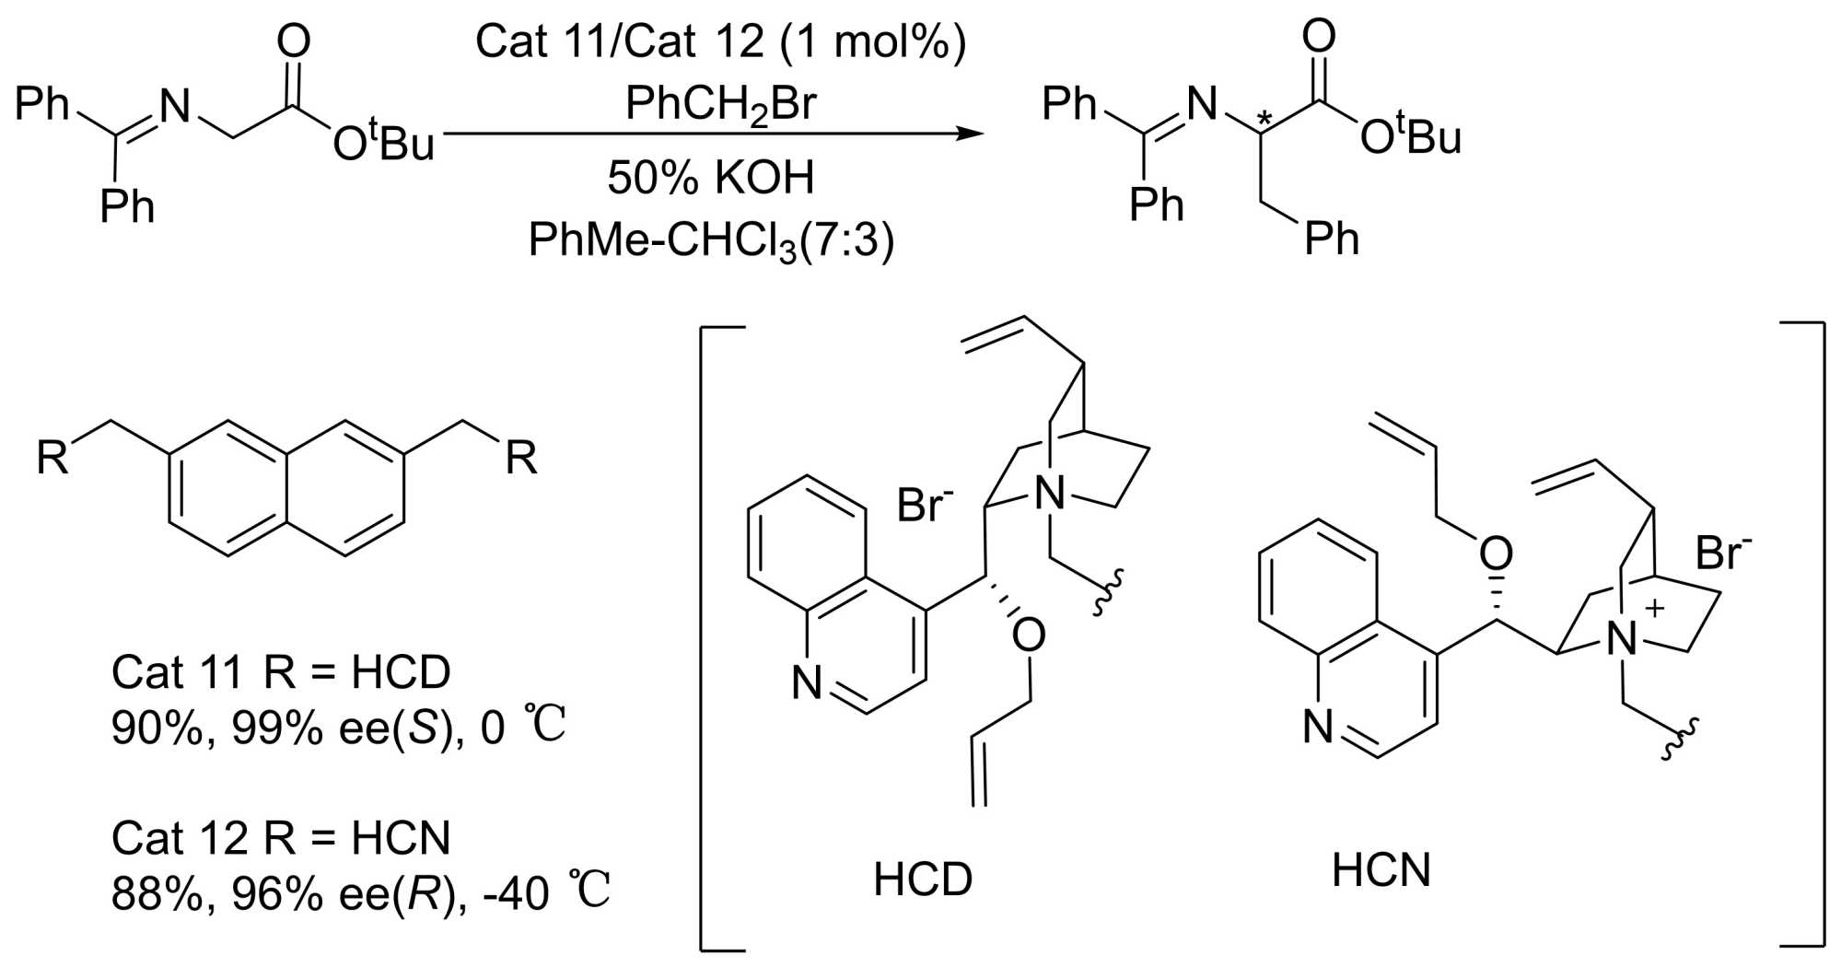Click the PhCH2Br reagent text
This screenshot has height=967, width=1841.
pos(720,104)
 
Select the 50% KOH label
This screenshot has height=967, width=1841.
pos(710,177)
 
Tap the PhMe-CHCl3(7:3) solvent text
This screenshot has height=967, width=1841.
pos(711,241)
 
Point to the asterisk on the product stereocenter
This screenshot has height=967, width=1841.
pos(1265,120)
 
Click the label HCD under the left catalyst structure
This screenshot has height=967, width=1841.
pos(922,880)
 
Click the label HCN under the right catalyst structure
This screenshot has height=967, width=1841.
pos(1381,870)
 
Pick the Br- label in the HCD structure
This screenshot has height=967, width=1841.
pos(925,505)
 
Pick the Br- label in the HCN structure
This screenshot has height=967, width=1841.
pos(1723,553)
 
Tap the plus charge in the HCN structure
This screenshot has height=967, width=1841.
pos(1655,608)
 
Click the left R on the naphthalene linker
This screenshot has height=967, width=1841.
pos(52,457)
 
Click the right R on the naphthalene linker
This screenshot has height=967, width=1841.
pos(521,457)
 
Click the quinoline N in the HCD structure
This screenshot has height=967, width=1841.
pos(807,683)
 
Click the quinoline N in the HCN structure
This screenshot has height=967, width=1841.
pos(1318,728)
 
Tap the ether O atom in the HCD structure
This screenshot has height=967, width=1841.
pos(1028,635)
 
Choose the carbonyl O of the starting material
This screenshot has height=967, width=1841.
pos(294,42)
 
